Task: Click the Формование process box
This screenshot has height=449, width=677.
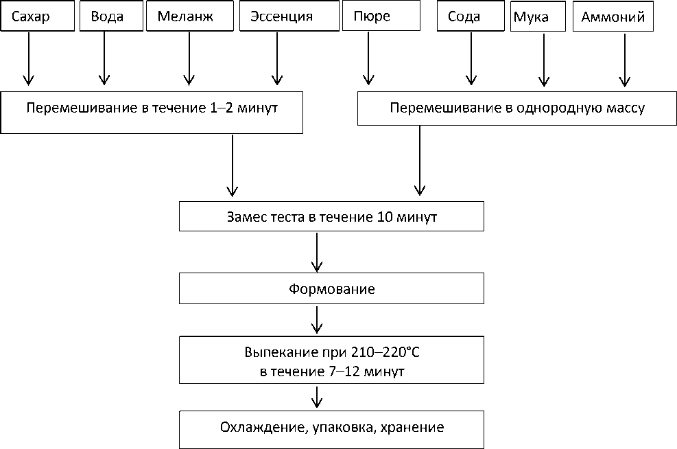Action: tap(331, 289)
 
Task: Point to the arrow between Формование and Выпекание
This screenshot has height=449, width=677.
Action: tap(316, 320)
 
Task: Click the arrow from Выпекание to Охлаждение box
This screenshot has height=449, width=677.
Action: tap(316, 396)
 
